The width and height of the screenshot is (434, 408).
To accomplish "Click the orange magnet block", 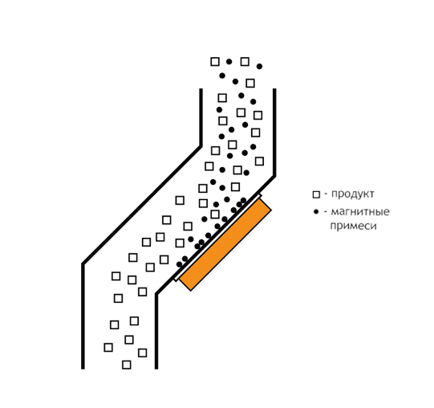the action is (x=225, y=244).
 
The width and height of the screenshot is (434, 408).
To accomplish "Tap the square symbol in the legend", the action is (x=316, y=194).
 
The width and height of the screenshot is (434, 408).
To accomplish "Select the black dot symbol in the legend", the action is (x=316, y=212).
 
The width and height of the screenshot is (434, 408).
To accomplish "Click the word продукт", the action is (x=353, y=194).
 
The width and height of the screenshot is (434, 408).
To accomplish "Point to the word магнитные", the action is (x=360, y=212).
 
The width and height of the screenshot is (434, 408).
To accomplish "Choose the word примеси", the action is (x=354, y=226).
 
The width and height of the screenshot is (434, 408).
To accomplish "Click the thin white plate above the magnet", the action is (x=217, y=238).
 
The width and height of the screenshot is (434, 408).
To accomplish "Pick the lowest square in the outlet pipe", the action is (x=127, y=365).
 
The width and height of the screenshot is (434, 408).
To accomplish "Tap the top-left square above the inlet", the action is (x=215, y=62).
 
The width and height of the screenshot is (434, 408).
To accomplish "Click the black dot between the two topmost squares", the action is (x=229, y=62).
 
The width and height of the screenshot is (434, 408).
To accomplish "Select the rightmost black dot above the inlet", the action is (x=259, y=66).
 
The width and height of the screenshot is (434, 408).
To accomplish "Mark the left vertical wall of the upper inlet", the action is (x=201, y=117).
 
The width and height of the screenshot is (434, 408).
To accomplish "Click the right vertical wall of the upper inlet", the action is (x=274, y=133).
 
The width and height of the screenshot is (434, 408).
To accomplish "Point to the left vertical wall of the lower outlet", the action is (x=83, y=316).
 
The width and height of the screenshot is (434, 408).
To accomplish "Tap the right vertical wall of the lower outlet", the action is (x=156, y=331).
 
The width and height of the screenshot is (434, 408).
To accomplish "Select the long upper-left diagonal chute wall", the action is (x=142, y=205).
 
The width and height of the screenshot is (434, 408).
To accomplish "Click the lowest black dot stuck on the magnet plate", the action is (x=180, y=264).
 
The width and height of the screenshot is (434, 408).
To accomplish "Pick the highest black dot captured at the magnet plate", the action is (x=243, y=200).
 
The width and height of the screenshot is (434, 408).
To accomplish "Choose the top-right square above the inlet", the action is (x=245, y=62).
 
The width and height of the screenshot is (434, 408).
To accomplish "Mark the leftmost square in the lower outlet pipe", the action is (x=108, y=347).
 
